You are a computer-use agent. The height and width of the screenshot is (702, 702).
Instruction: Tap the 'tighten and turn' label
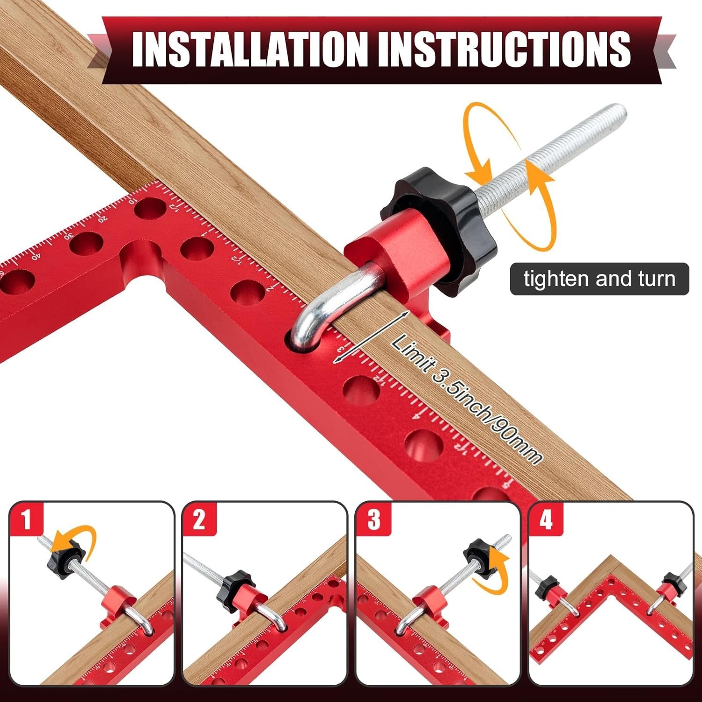(x=600, y=279)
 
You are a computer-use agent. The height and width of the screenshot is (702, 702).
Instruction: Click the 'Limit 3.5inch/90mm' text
(x=467, y=399)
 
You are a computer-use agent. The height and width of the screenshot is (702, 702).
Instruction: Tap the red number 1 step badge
(x=26, y=519)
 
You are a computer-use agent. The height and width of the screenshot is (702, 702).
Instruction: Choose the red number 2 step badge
(x=199, y=519)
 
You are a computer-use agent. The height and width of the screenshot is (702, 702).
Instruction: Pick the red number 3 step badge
(x=373, y=519)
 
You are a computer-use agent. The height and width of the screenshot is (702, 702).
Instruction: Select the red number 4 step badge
(x=546, y=519)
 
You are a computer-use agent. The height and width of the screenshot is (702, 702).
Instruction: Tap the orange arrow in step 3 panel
(x=491, y=572)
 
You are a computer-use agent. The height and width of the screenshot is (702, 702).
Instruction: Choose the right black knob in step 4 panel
(x=671, y=582)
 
